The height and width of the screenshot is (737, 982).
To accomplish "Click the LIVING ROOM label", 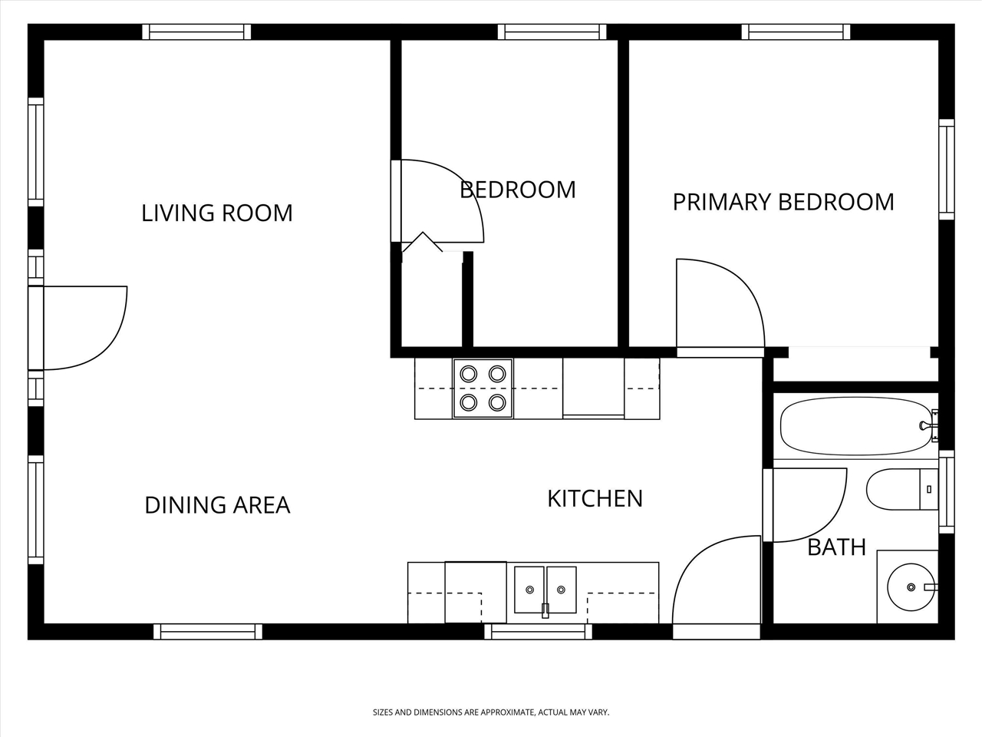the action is [217, 213].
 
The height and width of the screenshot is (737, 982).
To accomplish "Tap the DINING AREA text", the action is [217, 505].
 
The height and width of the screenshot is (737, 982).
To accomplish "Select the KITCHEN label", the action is [595, 498].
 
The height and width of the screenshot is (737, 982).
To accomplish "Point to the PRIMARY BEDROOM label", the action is [783, 202].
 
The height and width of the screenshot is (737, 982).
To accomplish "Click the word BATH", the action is [836, 547].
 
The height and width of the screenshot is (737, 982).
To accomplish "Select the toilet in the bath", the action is [902, 489].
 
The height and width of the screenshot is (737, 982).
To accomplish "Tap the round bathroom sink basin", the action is [911, 587].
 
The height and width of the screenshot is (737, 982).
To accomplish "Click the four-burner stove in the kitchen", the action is [483, 388].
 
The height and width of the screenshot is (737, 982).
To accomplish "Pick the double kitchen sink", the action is [545, 590].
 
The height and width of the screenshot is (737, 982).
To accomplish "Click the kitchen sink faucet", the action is [545, 610].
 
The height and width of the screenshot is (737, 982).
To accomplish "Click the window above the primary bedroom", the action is [796, 31].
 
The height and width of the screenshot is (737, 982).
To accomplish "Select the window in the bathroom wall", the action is [946, 492].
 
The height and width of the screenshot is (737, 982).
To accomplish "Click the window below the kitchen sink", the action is [539, 632].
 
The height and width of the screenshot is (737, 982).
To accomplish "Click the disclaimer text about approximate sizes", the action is [491, 712].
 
